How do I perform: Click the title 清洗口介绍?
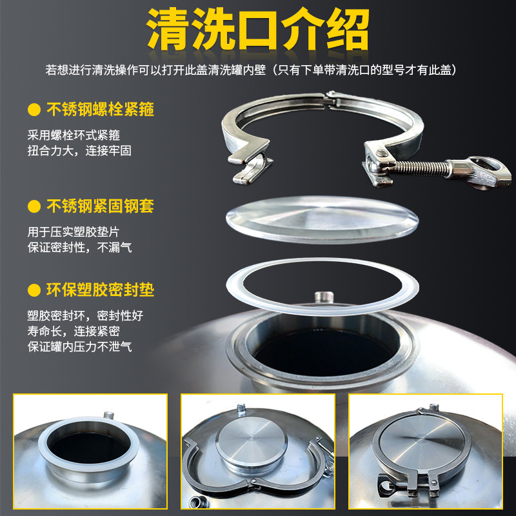click(258, 29)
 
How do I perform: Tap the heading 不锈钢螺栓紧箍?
click(101, 109)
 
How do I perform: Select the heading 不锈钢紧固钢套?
click(101, 207)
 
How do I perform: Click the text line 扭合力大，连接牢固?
click(84, 150)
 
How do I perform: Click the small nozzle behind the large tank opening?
click(321, 297)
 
